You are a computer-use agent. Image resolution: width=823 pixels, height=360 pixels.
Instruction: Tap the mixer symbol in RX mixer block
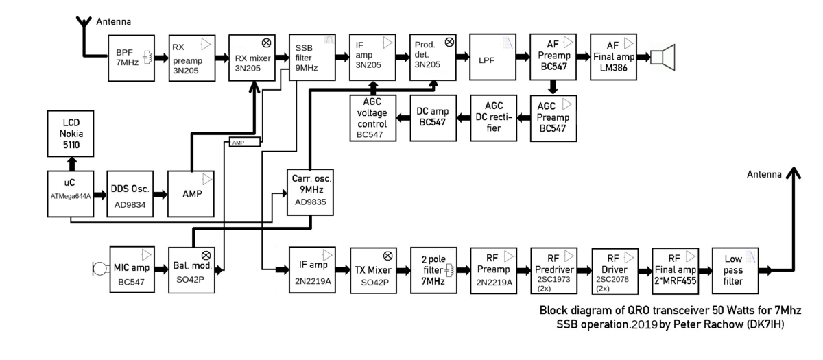[x=267, y=43]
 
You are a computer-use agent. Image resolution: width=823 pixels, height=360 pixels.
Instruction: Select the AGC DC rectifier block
[x=492, y=118]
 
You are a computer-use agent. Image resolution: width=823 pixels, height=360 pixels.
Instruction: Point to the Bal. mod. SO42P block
[x=192, y=269]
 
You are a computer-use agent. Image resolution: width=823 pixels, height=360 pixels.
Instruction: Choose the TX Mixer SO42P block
[x=372, y=269]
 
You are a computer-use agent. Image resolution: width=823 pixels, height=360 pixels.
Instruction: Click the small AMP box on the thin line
[x=243, y=142]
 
